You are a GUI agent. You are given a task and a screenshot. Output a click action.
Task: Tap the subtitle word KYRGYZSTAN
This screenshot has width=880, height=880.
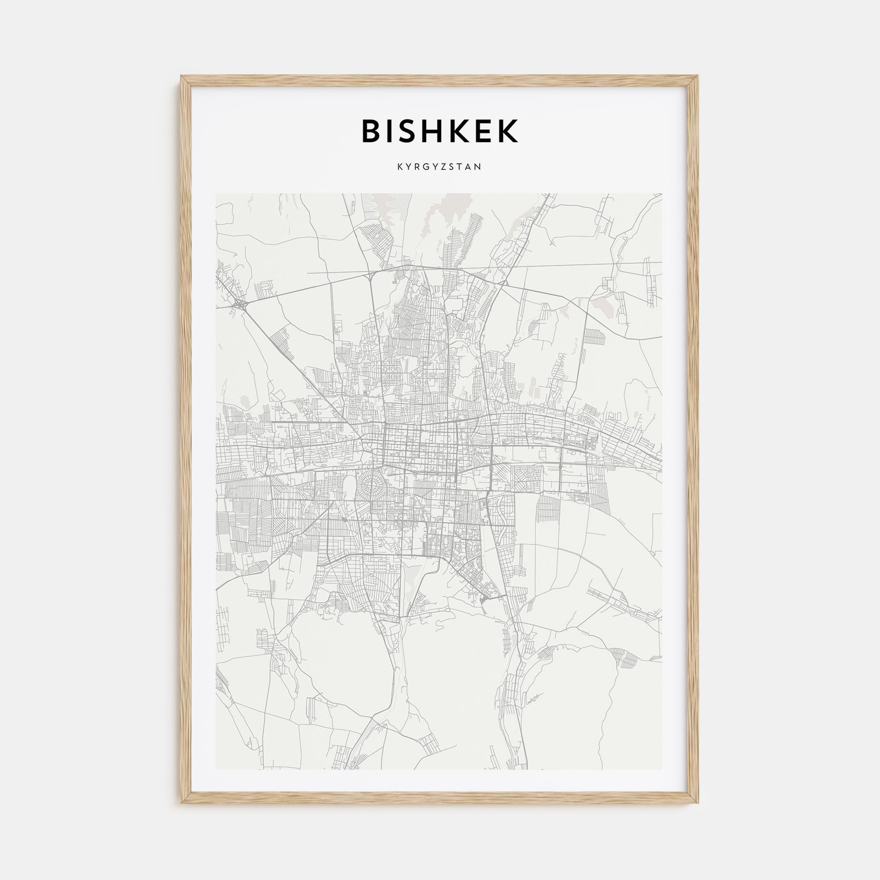click(440, 167)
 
